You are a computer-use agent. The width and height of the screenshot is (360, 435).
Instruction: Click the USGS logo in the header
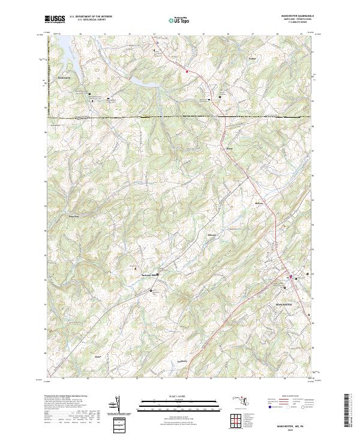[x=55, y=19]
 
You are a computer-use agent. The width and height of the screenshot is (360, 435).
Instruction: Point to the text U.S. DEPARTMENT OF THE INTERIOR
[x=90, y=16]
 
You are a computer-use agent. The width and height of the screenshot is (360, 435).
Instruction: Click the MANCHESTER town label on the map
[x=283, y=305]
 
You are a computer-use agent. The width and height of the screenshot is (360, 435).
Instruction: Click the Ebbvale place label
[x=211, y=235]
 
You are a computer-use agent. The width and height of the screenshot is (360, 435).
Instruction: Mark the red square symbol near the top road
[x=187, y=71]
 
